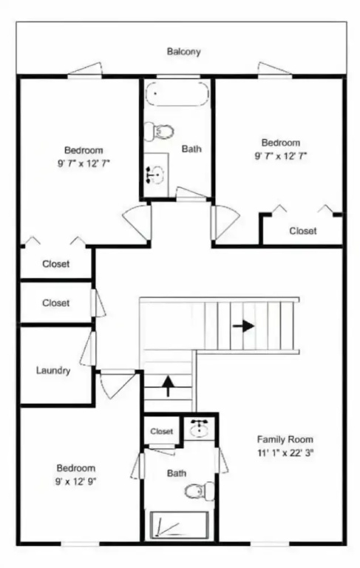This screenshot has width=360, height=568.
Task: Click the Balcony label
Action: tap(183, 52)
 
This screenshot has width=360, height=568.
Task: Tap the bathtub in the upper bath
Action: tap(177, 93)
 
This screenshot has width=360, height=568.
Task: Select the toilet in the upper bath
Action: tap(159, 131)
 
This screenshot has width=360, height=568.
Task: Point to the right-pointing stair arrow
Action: tap(243, 325)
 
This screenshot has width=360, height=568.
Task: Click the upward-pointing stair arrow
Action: tap(168, 386)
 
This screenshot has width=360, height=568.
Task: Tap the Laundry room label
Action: tap(53, 371)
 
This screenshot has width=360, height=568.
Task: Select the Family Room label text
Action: tap(285, 439)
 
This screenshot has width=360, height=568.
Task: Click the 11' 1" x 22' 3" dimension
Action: tap(285, 453)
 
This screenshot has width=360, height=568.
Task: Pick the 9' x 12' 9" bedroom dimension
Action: tap(75, 481)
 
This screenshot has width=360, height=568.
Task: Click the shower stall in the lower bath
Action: tap(180, 524)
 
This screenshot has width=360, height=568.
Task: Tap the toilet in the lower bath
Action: tap(200, 491)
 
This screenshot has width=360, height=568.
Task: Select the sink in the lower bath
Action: tap(199, 428)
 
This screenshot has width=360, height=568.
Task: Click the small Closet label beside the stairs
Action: tap(162, 431)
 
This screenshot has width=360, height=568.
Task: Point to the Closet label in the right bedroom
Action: tap(303, 231)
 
